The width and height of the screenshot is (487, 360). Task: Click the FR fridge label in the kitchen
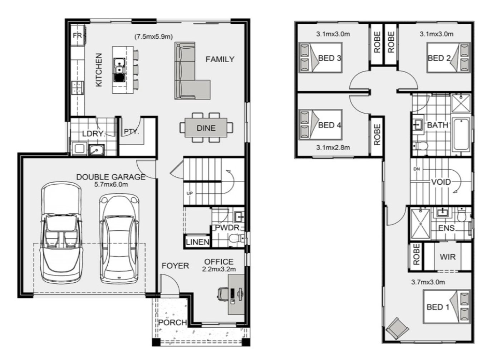click(77, 35)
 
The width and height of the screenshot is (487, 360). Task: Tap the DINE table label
click(206, 128)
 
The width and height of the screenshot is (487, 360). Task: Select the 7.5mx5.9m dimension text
click(153, 37)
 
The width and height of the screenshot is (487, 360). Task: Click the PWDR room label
click(227, 228)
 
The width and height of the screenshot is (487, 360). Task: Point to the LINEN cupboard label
click(197, 242)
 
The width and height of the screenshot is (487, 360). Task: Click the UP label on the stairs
click(190, 193)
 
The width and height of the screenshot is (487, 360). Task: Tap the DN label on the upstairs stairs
click(417, 169)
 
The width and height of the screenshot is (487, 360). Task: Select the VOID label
click(441, 182)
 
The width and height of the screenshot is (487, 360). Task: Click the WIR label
click(447, 257)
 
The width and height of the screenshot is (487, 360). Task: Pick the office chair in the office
click(223, 293)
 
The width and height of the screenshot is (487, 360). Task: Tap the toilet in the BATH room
click(420, 146)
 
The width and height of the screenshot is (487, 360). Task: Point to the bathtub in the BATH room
click(461, 134)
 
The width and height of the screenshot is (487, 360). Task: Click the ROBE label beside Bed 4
click(377, 135)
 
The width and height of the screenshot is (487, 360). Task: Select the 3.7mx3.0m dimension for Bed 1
click(428, 282)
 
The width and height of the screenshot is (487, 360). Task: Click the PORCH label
click(173, 322)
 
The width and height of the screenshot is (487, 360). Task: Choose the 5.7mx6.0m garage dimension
click(111, 184)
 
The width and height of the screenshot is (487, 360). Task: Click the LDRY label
click(93, 133)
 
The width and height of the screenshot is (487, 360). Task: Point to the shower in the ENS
click(420, 224)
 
